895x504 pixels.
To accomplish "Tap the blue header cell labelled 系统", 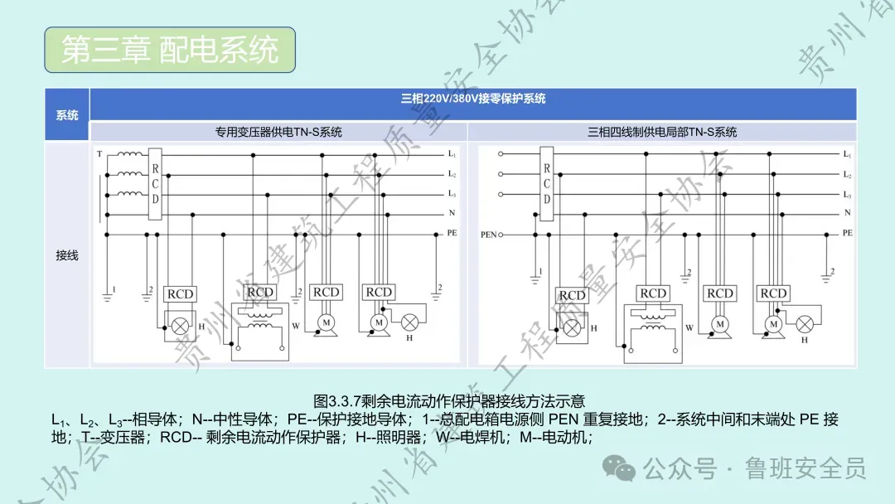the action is (67, 115).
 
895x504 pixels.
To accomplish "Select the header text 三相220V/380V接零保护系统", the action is (473, 99).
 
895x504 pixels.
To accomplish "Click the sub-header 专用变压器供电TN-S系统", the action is (278, 132).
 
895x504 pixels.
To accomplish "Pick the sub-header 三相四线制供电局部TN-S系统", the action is (662, 132).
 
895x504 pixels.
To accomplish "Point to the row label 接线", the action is (67, 255).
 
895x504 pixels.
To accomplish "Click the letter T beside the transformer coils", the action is (99, 154).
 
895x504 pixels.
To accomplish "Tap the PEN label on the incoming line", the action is (488, 235).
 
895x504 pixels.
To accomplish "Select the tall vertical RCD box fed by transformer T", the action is (155, 184).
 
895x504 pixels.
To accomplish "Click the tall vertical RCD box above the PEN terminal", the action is (547, 184).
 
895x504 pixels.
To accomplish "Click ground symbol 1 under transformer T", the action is (108, 289).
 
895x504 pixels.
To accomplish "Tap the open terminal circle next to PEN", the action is (501, 235).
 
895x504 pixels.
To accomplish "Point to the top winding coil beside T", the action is (129, 154).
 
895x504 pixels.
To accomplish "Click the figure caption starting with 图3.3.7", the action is (450, 401).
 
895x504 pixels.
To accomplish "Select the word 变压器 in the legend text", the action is (124, 437).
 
